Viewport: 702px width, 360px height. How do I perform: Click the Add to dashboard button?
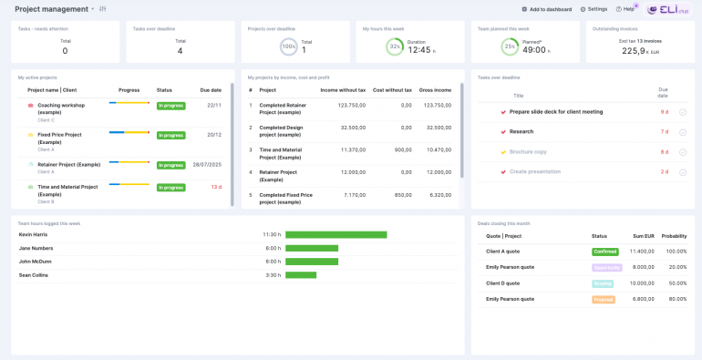(547, 9)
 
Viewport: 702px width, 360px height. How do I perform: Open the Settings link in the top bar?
(594, 9)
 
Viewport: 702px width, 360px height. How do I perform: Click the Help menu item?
(625, 9)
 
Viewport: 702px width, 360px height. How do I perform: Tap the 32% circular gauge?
(395, 46)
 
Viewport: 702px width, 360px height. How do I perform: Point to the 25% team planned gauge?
(510, 46)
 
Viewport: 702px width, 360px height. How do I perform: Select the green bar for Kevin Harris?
(336, 234)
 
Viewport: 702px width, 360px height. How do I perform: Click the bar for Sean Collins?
(301, 274)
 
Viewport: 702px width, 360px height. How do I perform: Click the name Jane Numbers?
(36, 248)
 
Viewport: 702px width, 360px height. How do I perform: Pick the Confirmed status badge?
(604, 251)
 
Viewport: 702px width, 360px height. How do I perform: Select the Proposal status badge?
(604, 299)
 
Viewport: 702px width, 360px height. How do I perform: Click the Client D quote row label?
(504, 283)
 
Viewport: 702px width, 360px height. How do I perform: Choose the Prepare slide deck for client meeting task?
(555, 111)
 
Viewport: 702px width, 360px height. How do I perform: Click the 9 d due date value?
(664, 111)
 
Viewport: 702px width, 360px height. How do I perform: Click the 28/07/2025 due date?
(207, 165)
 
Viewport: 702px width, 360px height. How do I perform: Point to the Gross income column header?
(435, 90)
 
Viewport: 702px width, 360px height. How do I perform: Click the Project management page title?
(53, 9)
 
